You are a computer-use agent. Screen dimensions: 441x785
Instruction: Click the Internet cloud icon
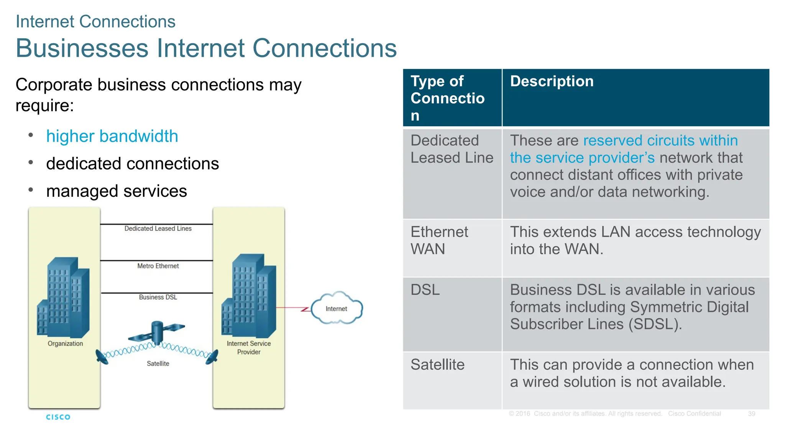pyautogui.click(x=337, y=309)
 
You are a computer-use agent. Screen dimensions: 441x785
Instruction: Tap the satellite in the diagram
pyautogui.click(x=157, y=332)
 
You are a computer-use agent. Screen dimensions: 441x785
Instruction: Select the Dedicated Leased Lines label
pyautogui.click(x=158, y=229)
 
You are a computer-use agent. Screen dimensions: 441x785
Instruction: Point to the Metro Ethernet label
pyautogui.click(x=158, y=266)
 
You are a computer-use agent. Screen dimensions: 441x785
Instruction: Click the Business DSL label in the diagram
pyautogui.click(x=158, y=297)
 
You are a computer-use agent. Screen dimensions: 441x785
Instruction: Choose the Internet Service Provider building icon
pyautogui.click(x=249, y=295)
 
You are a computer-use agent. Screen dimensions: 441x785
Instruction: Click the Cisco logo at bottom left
pyautogui.click(x=58, y=417)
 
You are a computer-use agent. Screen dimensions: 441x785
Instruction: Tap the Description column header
pyautogui.click(x=552, y=82)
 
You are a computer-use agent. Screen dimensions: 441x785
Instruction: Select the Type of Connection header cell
pyautogui.click(x=447, y=98)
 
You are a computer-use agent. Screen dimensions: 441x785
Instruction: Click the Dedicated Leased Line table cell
pyautogui.click(x=452, y=149)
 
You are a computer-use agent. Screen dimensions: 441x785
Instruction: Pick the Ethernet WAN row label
pyautogui.click(x=439, y=240)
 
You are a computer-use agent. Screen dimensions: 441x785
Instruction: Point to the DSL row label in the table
pyautogui.click(x=425, y=290)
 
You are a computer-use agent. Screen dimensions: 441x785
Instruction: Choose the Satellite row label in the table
pyautogui.click(x=437, y=364)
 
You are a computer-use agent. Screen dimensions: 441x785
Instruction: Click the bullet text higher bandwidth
pyautogui.click(x=112, y=136)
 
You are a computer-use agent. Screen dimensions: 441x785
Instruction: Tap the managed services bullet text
pyautogui.click(x=117, y=191)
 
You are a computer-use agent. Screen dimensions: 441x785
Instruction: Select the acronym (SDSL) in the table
pyautogui.click(x=655, y=324)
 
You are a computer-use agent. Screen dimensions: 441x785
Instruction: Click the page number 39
pyautogui.click(x=751, y=414)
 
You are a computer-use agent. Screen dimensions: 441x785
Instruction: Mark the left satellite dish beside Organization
pyautogui.click(x=102, y=357)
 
